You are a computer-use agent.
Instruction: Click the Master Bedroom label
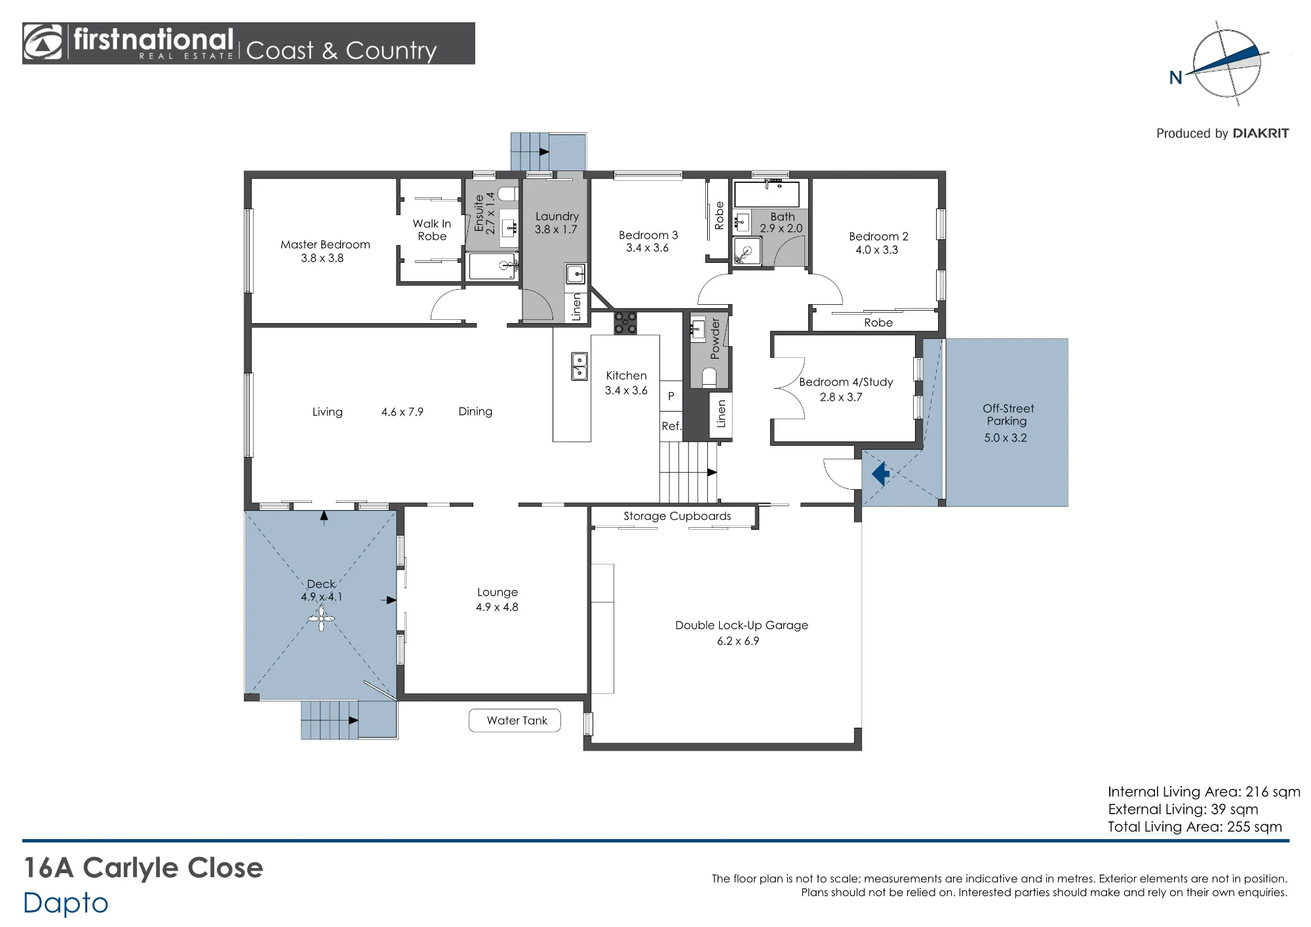pyautogui.click(x=325, y=245)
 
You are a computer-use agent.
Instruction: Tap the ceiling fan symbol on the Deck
pyautogui.click(x=321, y=618)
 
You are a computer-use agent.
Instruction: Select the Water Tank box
pyautogui.click(x=515, y=720)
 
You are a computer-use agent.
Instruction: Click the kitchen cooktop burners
pyautogui.click(x=625, y=323)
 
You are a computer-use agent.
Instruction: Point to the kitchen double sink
pyautogui.click(x=579, y=366)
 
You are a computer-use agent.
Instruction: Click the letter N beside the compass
pyautogui.click(x=1176, y=78)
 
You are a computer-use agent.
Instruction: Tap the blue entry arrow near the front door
pyautogui.click(x=880, y=473)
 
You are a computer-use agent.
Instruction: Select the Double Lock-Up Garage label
pyautogui.click(x=741, y=625)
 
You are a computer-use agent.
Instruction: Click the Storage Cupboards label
pyautogui.click(x=677, y=516)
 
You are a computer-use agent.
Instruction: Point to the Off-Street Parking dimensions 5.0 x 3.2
pyautogui.click(x=1006, y=438)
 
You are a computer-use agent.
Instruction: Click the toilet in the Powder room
pyautogui.click(x=709, y=377)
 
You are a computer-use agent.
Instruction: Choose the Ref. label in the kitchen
pyautogui.click(x=671, y=426)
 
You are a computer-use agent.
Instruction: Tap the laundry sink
pyautogui.click(x=575, y=273)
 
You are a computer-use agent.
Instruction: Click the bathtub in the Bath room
pyautogui.click(x=767, y=195)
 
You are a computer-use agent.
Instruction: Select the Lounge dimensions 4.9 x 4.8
pyautogui.click(x=497, y=607)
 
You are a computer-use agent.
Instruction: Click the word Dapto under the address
pyautogui.click(x=66, y=903)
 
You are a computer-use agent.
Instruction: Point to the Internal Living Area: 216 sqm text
pyautogui.click(x=1204, y=792)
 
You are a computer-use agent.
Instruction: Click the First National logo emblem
pyautogui.click(x=43, y=43)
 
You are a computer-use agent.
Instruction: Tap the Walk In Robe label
pyautogui.click(x=432, y=229)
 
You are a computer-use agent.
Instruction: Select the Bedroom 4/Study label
pyautogui.click(x=846, y=382)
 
